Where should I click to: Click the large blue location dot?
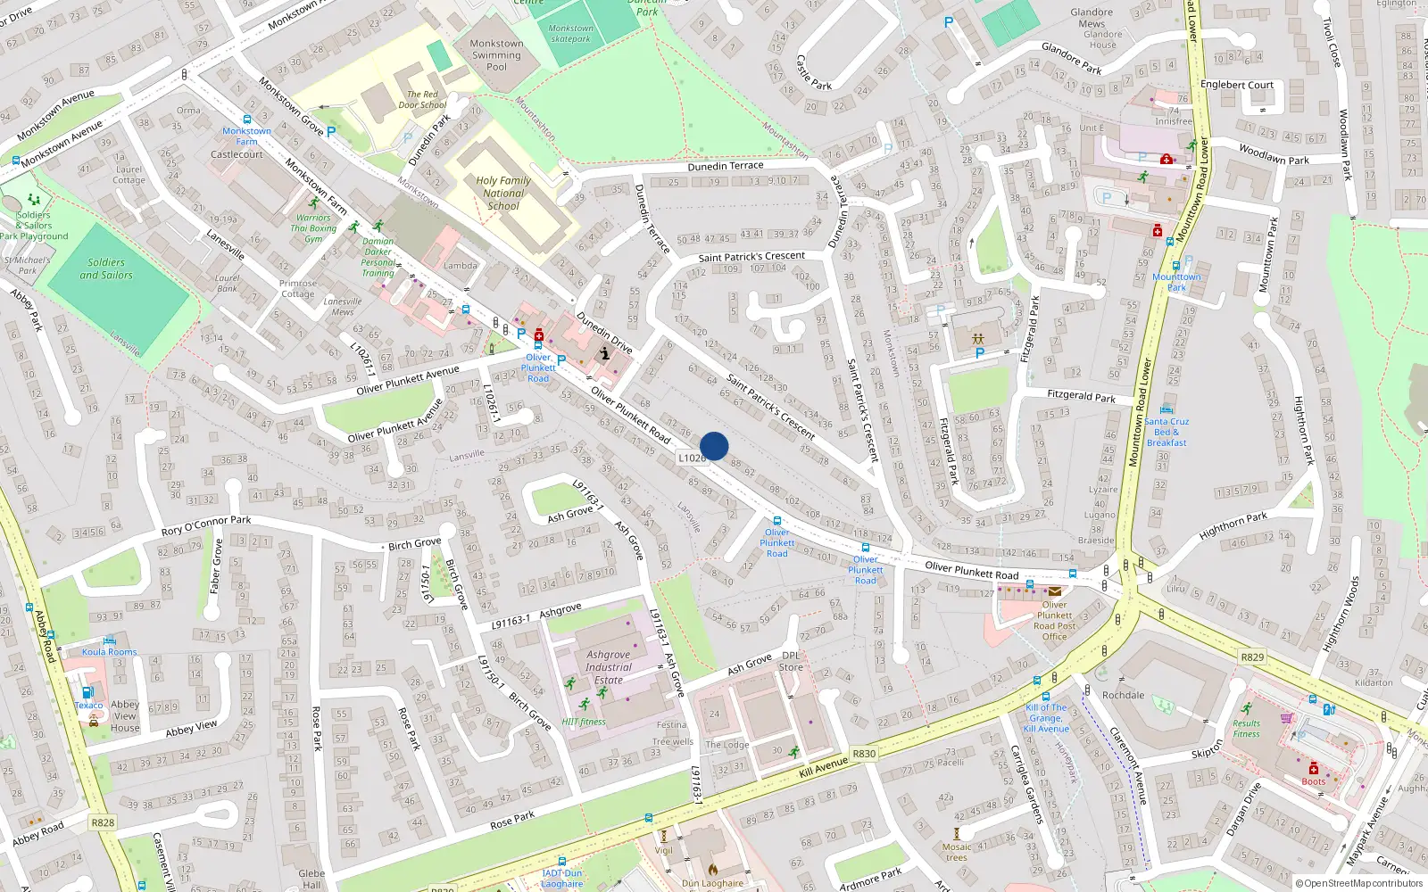pyautogui.click(x=714, y=446)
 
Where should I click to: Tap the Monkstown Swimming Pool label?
pyautogui.click(x=496, y=54)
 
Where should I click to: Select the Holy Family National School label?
pyautogui.click(x=503, y=193)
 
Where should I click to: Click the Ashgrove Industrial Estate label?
pyautogui.click(x=609, y=667)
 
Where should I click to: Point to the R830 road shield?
pyautogui.click(x=864, y=754)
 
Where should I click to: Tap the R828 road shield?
pyautogui.click(x=103, y=822)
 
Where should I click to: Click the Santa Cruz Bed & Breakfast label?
pyautogui.click(x=1166, y=432)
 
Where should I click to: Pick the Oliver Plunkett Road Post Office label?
pyautogui.click(x=1054, y=621)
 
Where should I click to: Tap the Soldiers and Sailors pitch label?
pyautogui.click(x=106, y=268)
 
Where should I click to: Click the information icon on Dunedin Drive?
pyautogui.click(x=605, y=353)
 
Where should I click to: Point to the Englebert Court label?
pyautogui.click(x=1236, y=85)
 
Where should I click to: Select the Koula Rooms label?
pyautogui.click(x=109, y=652)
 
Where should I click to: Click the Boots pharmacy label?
pyautogui.click(x=1313, y=781)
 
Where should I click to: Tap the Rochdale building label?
pyautogui.click(x=1123, y=695)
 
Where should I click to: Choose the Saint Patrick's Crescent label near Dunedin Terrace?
pyautogui.click(x=751, y=257)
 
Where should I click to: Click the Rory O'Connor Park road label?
pyautogui.click(x=206, y=525)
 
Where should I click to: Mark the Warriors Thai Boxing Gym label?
pyautogui.click(x=313, y=228)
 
